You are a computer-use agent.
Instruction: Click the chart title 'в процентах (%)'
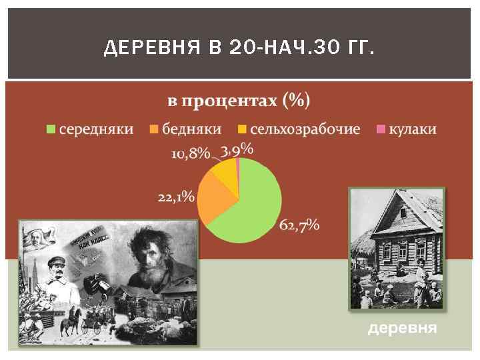(x=238, y=101)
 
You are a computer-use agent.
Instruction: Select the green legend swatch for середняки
(x=51, y=129)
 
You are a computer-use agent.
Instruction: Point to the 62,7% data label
(x=299, y=225)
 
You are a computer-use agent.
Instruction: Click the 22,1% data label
(x=176, y=197)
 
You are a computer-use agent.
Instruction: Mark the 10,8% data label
(x=191, y=153)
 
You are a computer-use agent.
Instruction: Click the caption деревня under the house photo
(x=403, y=329)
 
